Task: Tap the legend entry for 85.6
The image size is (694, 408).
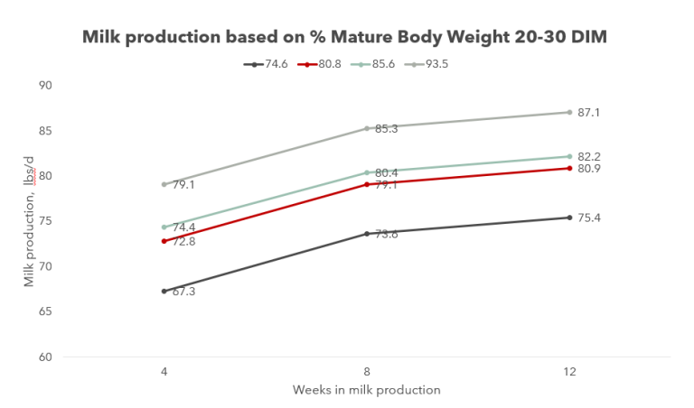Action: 380,64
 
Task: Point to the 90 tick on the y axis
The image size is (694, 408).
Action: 45,86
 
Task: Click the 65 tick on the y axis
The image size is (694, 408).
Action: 45,311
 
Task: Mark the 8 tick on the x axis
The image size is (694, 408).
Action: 367,371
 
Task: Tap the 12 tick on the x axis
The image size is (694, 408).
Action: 569,371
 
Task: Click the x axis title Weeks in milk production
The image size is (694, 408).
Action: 366,390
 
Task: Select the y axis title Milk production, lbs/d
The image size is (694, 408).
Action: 29,221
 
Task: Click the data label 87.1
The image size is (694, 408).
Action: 590,113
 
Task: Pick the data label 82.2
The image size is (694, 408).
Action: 590,155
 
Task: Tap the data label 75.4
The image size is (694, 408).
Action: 590,218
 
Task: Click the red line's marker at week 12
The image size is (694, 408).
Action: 569,168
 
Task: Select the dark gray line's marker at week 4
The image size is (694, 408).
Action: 164,291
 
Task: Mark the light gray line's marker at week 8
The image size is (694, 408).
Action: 367,128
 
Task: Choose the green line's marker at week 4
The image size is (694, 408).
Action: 164,227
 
